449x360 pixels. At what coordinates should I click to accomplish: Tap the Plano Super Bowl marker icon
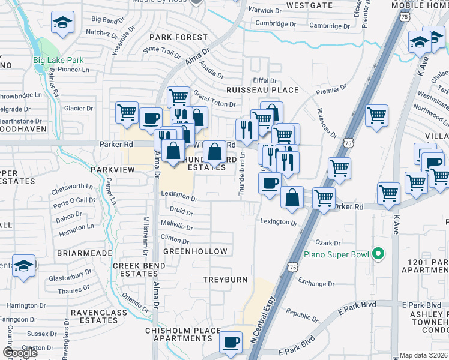[378, 254]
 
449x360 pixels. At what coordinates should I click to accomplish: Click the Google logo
[19, 353]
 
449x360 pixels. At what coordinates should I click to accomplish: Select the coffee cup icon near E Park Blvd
[231, 343]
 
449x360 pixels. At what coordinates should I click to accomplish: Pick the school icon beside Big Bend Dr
[62, 23]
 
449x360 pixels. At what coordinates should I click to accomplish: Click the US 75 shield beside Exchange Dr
[292, 266]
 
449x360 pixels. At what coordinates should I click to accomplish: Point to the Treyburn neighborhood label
[224, 280]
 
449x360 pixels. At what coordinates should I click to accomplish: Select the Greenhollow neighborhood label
[195, 251]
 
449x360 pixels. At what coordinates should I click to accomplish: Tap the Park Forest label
[178, 37]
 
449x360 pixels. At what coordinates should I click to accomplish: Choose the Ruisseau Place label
[262, 90]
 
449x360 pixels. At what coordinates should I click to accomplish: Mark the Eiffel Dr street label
[264, 80]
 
